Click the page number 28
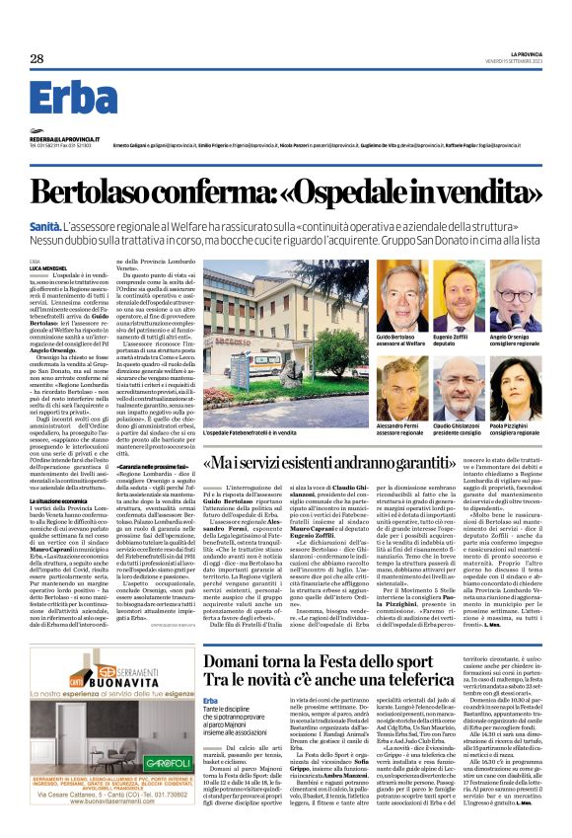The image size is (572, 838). (36, 59)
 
